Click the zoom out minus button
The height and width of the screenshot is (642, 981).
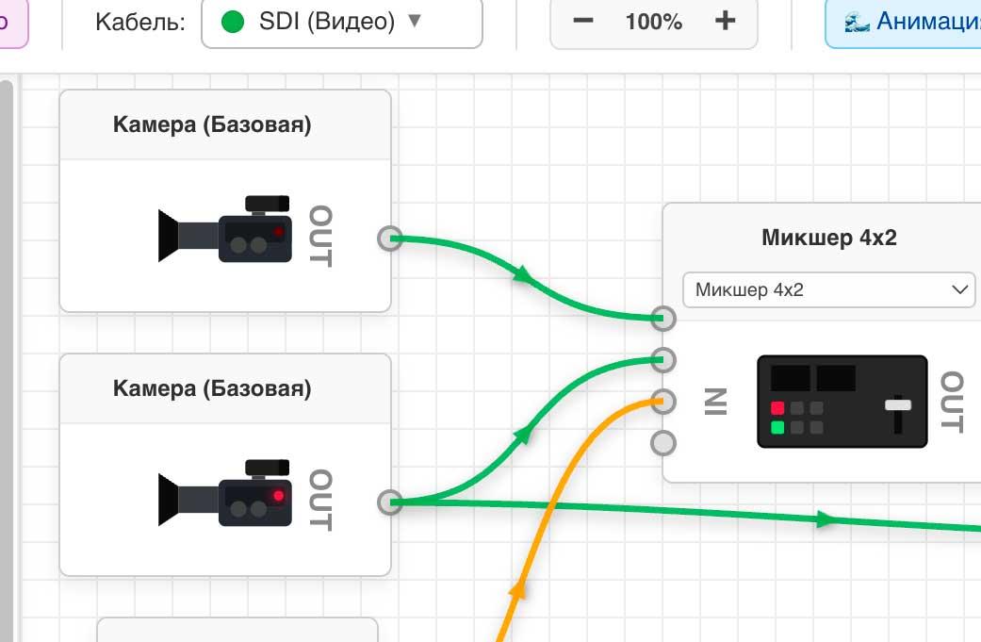(583, 21)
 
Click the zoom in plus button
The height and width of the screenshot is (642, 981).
(725, 21)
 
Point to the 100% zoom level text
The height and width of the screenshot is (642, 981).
(653, 22)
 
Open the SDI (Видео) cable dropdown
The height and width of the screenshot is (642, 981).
(341, 22)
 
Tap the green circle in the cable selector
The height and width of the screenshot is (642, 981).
(233, 22)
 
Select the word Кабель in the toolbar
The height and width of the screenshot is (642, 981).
(139, 23)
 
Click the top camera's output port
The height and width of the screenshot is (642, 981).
(389, 239)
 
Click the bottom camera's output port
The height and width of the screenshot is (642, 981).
(389, 502)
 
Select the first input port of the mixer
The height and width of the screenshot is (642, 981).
(663, 319)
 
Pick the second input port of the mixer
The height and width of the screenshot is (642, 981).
(663, 359)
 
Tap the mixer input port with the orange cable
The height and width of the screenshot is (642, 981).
(663, 400)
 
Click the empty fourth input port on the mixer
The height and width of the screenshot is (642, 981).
(663, 441)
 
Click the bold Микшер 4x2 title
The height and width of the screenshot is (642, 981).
(829, 238)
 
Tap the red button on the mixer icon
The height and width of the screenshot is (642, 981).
(777, 408)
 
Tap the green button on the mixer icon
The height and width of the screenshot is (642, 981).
(777, 428)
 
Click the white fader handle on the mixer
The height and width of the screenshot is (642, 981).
(898, 405)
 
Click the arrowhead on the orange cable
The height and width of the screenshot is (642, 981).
(516, 589)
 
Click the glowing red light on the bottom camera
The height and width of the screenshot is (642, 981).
(278, 496)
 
